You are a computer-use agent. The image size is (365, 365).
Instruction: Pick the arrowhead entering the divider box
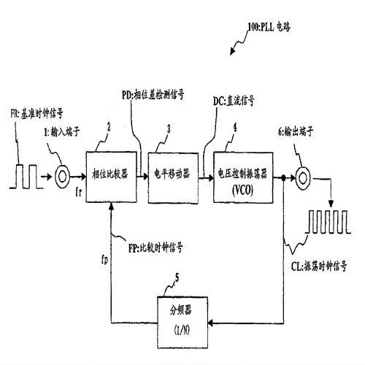tap(210, 323)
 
